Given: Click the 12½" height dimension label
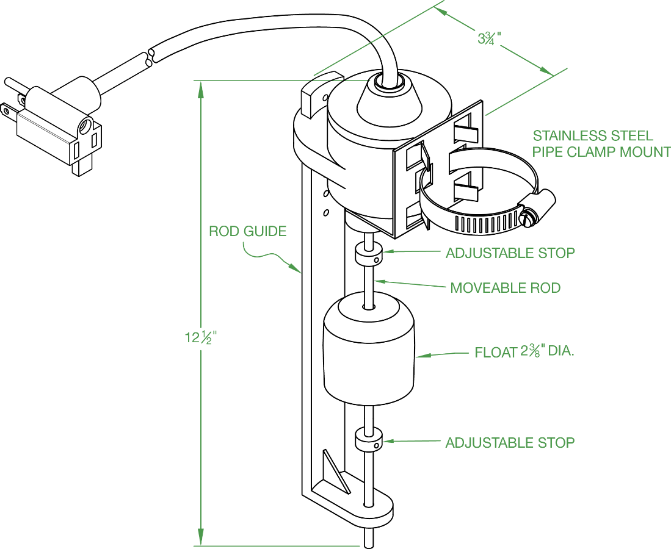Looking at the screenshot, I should click(x=201, y=337).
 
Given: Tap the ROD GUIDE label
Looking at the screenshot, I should click(x=247, y=232).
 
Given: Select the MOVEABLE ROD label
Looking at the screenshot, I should click(x=505, y=287).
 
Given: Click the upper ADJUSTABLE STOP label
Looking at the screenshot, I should click(x=510, y=253).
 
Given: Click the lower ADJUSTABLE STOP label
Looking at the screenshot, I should click(x=510, y=442).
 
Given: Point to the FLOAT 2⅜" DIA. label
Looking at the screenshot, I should click(x=524, y=353).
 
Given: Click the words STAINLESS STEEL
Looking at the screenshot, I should click(x=592, y=136).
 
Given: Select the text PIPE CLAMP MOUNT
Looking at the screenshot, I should click(x=601, y=152).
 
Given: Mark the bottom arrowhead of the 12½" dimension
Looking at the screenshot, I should click(x=200, y=539).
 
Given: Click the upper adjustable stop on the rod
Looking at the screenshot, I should click(x=368, y=252).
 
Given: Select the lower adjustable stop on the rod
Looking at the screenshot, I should click(x=368, y=440).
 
